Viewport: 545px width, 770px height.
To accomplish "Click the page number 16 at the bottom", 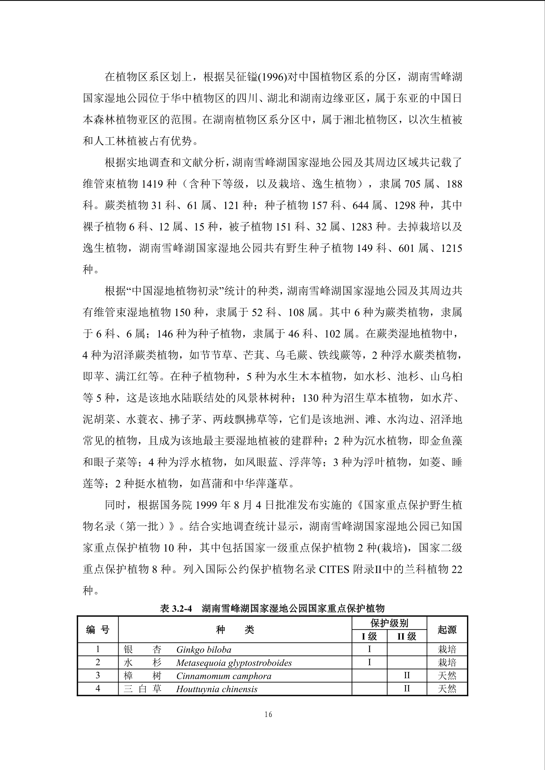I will coord(268,714).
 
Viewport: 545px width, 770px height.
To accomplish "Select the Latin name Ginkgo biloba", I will coord(204,650).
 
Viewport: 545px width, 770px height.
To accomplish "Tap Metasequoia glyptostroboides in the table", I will coord(234,663).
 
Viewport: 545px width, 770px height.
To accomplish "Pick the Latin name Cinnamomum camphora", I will coord(223,676).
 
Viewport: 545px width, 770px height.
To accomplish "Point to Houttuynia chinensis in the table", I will coord(216,689).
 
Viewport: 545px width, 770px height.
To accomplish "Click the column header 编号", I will coord(98,629).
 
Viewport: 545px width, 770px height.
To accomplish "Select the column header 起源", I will coord(447,629).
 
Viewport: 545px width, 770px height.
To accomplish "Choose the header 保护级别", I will coord(389,623).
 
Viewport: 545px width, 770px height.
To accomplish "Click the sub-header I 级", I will coord(369,636).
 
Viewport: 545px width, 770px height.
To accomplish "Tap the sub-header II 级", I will coord(407,636).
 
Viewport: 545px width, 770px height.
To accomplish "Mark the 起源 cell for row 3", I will coord(447,676).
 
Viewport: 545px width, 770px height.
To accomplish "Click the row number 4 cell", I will coord(98,689).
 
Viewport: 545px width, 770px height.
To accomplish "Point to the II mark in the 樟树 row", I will coord(407,676).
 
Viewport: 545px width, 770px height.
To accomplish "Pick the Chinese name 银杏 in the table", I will coord(142,650).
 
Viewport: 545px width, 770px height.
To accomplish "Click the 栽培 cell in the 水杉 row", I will coord(447,663).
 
